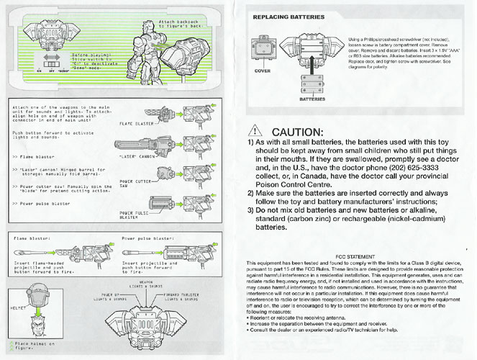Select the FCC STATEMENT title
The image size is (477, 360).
point(356,256)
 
